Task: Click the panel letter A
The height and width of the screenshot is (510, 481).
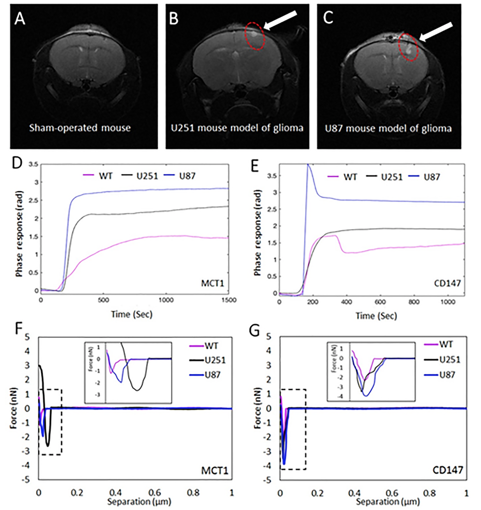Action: [20, 18]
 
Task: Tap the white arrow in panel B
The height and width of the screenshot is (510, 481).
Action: [280, 21]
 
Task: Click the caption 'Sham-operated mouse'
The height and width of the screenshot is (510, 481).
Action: [80, 128]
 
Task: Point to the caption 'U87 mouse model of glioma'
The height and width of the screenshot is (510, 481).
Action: [388, 129]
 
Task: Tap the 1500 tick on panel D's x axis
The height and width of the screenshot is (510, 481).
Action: [229, 300]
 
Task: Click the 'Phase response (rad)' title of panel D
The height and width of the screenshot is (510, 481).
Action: [19, 233]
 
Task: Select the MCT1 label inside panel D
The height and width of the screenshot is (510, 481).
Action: [212, 283]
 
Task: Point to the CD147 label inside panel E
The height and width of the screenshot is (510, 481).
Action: [447, 283]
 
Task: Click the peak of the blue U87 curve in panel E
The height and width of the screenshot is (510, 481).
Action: [308, 165]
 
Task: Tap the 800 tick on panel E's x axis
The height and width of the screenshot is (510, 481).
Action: [414, 302]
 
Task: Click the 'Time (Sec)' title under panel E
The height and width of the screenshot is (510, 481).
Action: [376, 316]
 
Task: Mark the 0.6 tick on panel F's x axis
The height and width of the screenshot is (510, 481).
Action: [155, 493]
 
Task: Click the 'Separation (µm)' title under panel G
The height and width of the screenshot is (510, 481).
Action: [388, 502]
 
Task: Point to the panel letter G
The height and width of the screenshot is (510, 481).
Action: [255, 329]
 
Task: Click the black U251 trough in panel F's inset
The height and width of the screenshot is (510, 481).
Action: [137, 389]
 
